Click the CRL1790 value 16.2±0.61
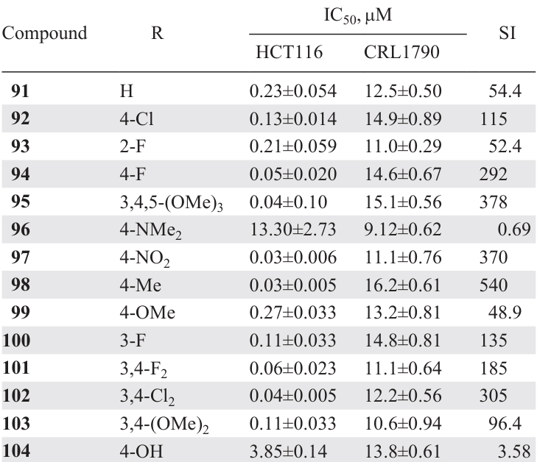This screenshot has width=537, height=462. [x=402, y=283]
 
